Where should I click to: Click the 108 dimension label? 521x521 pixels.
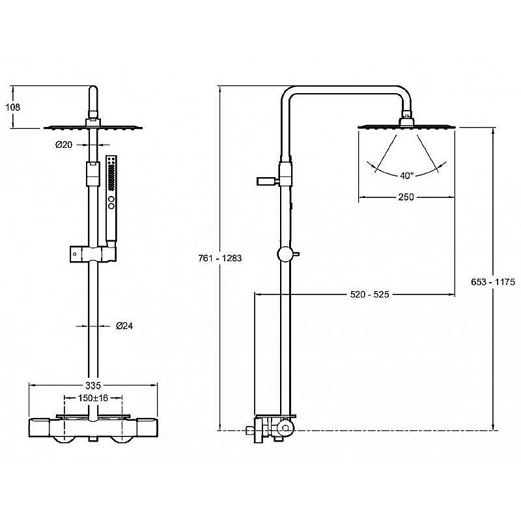[x=12, y=107]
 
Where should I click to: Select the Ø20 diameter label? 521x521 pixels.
[x=64, y=145]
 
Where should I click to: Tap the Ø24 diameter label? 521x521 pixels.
[x=124, y=326]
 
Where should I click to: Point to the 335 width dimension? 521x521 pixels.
[x=93, y=386]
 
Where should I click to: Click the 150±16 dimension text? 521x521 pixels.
[x=93, y=398]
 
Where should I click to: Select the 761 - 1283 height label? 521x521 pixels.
[x=220, y=258]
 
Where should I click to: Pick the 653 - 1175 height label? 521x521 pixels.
[x=493, y=282]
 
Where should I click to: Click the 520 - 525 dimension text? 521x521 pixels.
[x=369, y=294]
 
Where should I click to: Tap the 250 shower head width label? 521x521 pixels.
[x=406, y=197]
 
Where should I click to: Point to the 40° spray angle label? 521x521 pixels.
[x=406, y=175]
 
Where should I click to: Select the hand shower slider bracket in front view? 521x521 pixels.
[x=93, y=254]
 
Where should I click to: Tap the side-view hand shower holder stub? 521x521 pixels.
[x=268, y=181]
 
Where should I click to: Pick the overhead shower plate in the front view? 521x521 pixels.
[x=93, y=127]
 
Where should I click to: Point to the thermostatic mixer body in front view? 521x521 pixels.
[x=93, y=429]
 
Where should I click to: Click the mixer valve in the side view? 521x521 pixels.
[x=272, y=429]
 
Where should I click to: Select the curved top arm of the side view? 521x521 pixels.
[x=346, y=90]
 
